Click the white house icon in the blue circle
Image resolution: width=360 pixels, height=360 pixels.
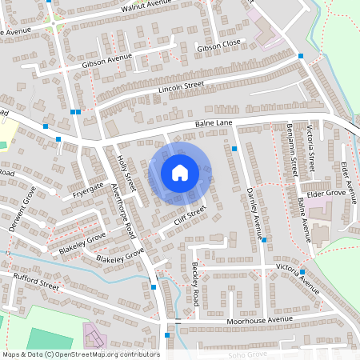180,172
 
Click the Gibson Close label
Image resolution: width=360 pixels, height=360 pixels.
218,46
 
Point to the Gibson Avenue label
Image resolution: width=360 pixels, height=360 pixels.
106,59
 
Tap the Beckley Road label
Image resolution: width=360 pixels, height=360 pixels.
194,285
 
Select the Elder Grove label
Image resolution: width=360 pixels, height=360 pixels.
326,193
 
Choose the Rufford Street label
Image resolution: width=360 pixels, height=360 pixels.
35,280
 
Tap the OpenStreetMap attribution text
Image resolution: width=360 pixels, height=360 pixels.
81,354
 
